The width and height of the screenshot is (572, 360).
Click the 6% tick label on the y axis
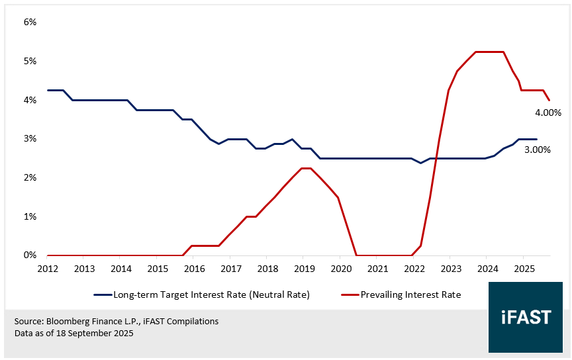point(30,22)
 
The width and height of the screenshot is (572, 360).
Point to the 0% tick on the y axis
point(30,255)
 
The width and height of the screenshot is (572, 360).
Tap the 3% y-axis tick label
point(30,139)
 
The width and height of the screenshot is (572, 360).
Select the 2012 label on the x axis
point(47,269)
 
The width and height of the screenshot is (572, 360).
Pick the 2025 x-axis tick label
point(523,269)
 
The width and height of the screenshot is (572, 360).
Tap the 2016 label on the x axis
point(193,269)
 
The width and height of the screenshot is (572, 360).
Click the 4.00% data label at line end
point(548,112)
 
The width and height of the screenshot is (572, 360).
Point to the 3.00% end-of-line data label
point(537,150)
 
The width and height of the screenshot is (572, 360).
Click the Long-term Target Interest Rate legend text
point(211,294)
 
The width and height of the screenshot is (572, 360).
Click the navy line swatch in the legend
point(102,294)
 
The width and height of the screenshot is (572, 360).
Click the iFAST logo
point(526,317)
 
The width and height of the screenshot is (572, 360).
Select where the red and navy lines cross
point(436,158)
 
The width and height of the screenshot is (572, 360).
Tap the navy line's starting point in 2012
point(48,90)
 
